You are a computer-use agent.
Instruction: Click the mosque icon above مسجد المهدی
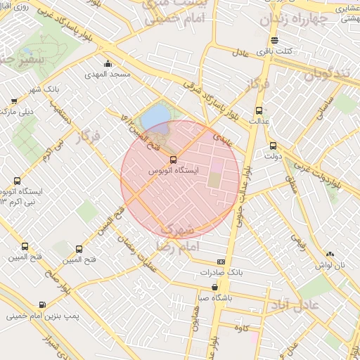(108, 65)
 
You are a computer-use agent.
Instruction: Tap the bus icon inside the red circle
(174, 160)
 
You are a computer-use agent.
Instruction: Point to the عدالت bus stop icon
(259, 110)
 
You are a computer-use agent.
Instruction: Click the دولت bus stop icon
(274, 146)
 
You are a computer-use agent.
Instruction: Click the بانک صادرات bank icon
(221, 261)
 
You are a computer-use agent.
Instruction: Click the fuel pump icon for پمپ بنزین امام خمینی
(42, 305)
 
